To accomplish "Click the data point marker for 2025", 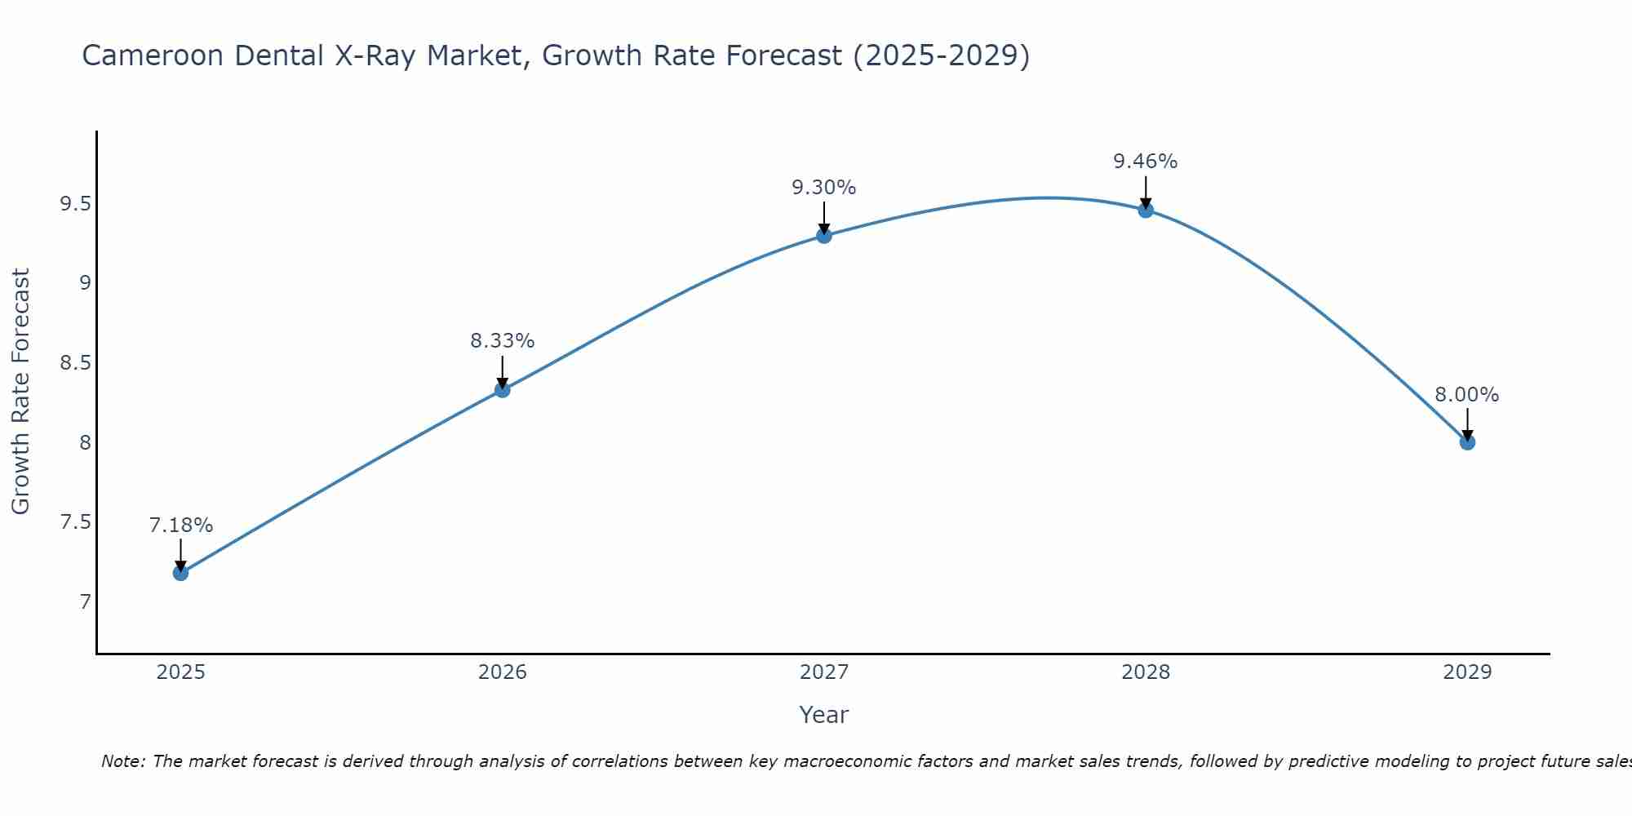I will (x=180, y=573).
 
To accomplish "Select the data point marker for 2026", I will (x=502, y=390).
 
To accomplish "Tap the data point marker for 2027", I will (x=824, y=236).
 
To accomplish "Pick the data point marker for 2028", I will (x=1146, y=211).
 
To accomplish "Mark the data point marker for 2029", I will (x=1467, y=442).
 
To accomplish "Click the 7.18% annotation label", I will (x=180, y=526).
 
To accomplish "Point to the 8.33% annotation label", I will (x=502, y=341).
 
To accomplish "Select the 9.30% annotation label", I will (x=824, y=188).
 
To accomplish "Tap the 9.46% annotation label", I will (x=1146, y=162).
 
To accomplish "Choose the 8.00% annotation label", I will (x=1467, y=395).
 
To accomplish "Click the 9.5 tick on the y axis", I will (x=75, y=204).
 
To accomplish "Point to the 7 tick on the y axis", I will (x=85, y=602).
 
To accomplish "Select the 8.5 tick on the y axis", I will (x=75, y=363).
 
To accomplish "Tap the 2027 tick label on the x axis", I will (x=824, y=672).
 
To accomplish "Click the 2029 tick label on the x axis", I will (x=1467, y=672).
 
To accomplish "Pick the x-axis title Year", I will (x=824, y=715).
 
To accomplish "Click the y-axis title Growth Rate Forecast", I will (x=20, y=392).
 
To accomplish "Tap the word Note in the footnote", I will (x=122, y=761).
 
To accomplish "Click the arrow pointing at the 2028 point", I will (x=1146, y=193).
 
